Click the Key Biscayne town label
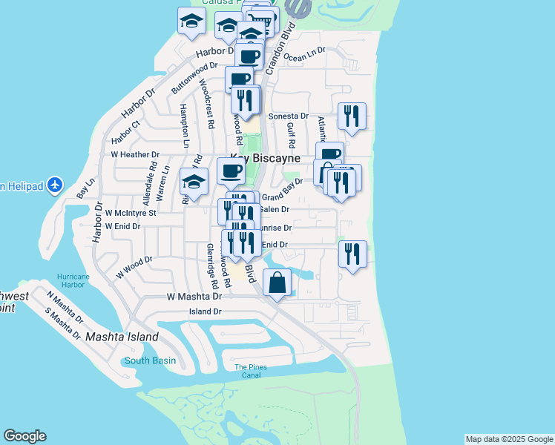coord(265,159)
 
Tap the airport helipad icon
coord(54,185)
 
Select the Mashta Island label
coord(122,337)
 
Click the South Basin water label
coord(150,361)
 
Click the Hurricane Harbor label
coord(75,280)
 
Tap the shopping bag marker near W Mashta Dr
coord(277,283)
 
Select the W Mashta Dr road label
coord(194,296)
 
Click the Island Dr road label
coord(206,311)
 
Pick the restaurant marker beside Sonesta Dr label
coord(352,116)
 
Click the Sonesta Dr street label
coord(288,116)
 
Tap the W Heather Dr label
coord(135,155)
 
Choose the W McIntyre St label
coord(131,213)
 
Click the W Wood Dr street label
coord(134,268)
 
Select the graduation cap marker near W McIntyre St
coord(194,182)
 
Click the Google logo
coord(24,436)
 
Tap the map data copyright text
coord(508,440)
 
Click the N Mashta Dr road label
coord(65,306)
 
